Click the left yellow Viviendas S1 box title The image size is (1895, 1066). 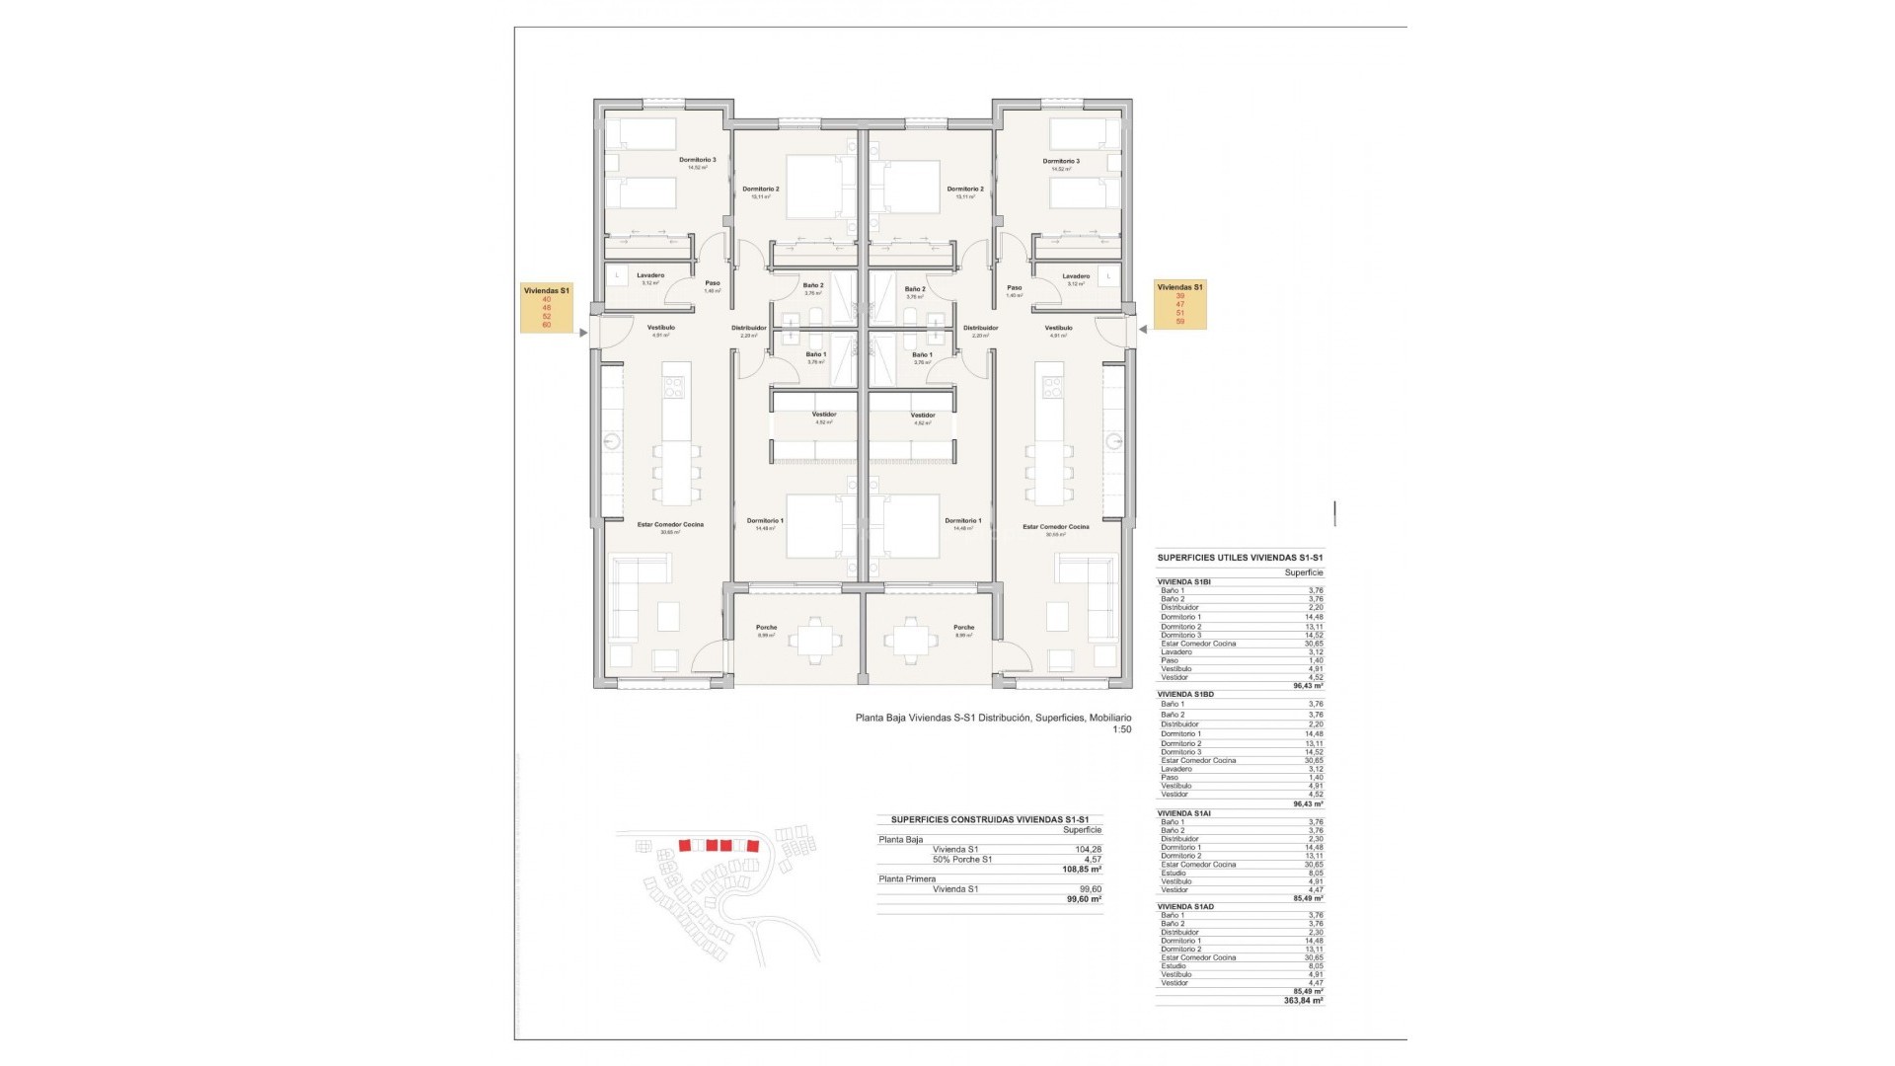point(546,290)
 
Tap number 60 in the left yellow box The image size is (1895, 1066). point(546,324)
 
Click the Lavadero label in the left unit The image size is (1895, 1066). point(649,275)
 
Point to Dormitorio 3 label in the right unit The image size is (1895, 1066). point(1061,161)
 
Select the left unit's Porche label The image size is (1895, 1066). point(766,628)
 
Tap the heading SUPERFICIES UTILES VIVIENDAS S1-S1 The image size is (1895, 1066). point(1239,558)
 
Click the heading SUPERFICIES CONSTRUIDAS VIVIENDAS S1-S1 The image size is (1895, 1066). point(989,819)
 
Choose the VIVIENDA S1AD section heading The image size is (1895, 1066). point(1185,906)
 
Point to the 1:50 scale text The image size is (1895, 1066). point(1121,729)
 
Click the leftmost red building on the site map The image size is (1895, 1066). point(684,845)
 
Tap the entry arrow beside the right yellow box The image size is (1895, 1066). point(1143,330)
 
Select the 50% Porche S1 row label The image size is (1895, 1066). point(961,859)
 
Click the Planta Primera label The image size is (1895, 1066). point(906,877)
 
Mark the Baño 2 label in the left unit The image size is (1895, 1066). point(813,286)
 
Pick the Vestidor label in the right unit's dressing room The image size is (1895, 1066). point(923,415)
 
